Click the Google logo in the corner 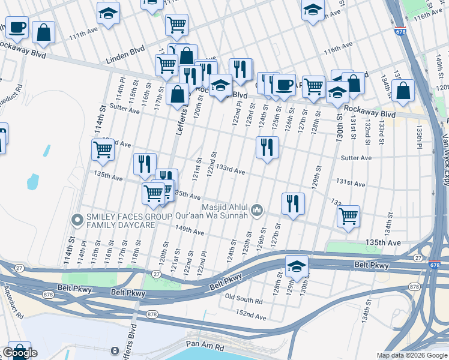[19, 353]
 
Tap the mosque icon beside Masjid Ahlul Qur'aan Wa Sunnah [257, 209]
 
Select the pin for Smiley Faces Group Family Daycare [77, 220]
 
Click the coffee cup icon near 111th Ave [17, 27]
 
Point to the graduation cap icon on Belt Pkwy [296, 266]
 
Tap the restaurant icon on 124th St [267, 147]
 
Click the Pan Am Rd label [205, 347]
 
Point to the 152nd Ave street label [251, 314]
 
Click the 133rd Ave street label [231, 171]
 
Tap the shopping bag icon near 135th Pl [405, 90]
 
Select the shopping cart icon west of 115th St [103, 149]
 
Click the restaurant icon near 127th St [293, 203]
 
